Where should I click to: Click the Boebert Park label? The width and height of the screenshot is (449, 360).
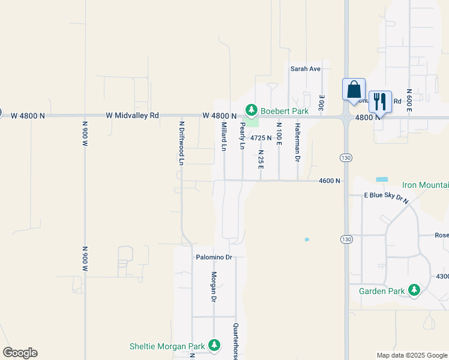pos(285,111)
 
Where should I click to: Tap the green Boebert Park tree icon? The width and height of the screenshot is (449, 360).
pos(252,110)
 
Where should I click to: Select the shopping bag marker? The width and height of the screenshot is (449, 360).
pos(354,89)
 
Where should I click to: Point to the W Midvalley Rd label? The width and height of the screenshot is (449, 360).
pos(132,115)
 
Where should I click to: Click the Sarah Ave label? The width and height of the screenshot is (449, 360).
pos(306,69)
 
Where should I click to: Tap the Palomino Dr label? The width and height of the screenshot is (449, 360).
pos(213,257)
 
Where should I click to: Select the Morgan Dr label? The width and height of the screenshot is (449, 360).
pos(213,287)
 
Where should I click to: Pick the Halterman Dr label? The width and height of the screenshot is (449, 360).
pos(297,143)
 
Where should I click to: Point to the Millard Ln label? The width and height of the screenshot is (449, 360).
pos(224,136)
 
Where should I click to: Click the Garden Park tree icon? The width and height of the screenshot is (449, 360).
pos(414,290)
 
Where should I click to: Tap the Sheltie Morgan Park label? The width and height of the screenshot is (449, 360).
pos(167,346)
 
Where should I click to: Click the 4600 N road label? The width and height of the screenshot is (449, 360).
pos(330,181)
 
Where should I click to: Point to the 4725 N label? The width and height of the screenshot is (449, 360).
pos(261,138)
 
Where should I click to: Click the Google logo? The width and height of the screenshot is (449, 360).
pos(20,353)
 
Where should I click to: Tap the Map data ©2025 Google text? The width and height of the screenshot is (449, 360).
pos(412,355)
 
